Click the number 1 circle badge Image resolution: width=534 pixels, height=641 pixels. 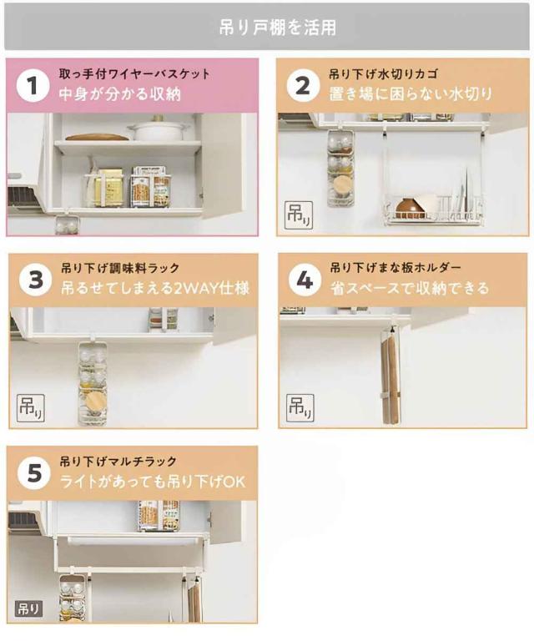pyautogui.click(x=33, y=85)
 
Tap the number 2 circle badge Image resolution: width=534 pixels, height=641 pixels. pyautogui.click(x=303, y=85)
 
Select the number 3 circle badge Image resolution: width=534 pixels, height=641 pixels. pyautogui.click(x=36, y=280)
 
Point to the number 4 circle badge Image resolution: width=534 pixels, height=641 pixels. pyautogui.click(x=305, y=280)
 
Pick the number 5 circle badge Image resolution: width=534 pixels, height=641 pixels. pyautogui.click(x=34, y=473)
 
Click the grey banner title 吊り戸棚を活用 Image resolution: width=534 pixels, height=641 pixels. pyautogui.click(x=277, y=28)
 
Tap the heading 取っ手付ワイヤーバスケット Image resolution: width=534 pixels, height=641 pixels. pyautogui.click(x=134, y=74)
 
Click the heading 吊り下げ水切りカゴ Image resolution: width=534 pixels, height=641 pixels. pyautogui.click(x=383, y=74)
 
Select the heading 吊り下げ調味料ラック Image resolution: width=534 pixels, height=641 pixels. pyautogui.click(x=120, y=268)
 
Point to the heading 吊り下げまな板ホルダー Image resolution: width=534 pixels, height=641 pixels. pyautogui.click(x=395, y=268)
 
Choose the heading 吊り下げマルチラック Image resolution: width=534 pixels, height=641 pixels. pyautogui.click(x=118, y=462)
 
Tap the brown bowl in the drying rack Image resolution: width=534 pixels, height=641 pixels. pyautogui.click(x=411, y=209)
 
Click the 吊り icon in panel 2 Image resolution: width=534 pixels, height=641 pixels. pyautogui.click(x=299, y=215)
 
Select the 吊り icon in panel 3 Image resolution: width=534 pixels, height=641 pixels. pyautogui.click(x=31, y=408)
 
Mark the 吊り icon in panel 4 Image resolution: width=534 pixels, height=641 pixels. pyautogui.click(x=300, y=407)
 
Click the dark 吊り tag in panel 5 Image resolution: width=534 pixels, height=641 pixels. pyautogui.click(x=28, y=608)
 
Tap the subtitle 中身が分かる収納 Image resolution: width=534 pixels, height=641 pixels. pyautogui.click(x=119, y=94)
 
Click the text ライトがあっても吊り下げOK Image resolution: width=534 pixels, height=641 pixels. pyautogui.click(x=153, y=482)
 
